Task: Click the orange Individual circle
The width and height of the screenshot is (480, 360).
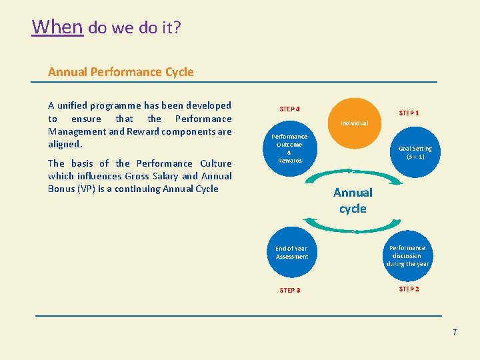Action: pyautogui.click(x=353, y=123)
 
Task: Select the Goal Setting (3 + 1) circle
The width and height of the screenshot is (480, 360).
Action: pyautogui.click(x=415, y=153)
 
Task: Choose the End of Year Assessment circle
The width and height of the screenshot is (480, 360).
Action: pyautogui.click(x=292, y=252)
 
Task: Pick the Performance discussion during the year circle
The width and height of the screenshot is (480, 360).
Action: pyautogui.click(x=407, y=255)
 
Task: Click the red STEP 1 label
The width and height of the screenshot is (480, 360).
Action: pyautogui.click(x=409, y=113)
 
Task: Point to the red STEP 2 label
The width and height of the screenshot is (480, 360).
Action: pyautogui.click(x=409, y=289)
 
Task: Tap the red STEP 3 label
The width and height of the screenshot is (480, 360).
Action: pyautogui.click(x=289, y=290)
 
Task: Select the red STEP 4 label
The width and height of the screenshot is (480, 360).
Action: pyautogui.click(x=289, y=109)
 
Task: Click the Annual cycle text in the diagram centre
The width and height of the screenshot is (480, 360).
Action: pyautogui.click(x=353, y=200)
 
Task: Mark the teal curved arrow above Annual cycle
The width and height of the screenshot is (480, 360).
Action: pyautogui.click(x=352, y=171)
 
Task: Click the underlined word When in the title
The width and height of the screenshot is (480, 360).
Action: pyautogui.click(x=57, y=27)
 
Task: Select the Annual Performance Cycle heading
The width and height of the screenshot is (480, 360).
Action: pyautogui.click(x=121, y=71)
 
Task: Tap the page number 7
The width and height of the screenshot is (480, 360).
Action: pyautogui.click(x=455, y=332)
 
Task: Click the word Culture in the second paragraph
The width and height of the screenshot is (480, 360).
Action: pyautogui.click(x=216, y=163)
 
